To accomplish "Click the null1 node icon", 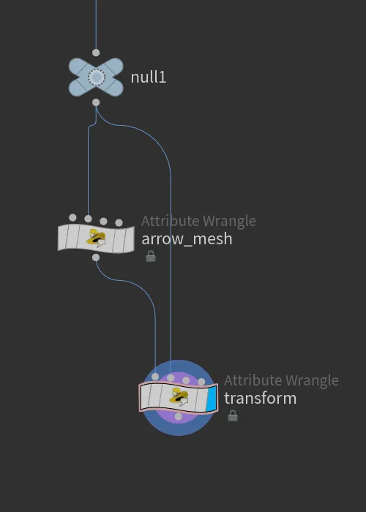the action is click(96, 78).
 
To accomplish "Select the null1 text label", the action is click(149, 78).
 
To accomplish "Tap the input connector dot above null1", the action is click(96, 53).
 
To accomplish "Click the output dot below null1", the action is click(96, 102).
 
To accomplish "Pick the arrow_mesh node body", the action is click(96, 238).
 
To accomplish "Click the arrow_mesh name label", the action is click(187, 239).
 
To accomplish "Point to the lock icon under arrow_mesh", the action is click(151, 256).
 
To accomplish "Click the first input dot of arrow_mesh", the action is click(72, 217).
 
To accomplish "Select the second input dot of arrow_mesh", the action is click(88, 219).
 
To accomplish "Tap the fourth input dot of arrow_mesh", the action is click(119, 222).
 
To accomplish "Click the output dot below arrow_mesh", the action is click(96, 257).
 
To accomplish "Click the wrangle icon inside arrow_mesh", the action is click(96, 238).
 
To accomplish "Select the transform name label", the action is click(260, 399).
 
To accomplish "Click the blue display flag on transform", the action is click(211, 399).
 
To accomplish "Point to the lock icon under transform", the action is click(233, 415).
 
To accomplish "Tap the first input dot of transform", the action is click(155, 377).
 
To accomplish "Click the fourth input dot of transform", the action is click(201, 382).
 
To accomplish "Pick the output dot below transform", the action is click(178, 416).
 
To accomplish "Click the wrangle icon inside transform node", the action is click(179, 397).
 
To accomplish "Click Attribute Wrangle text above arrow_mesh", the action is click(198, 221).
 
